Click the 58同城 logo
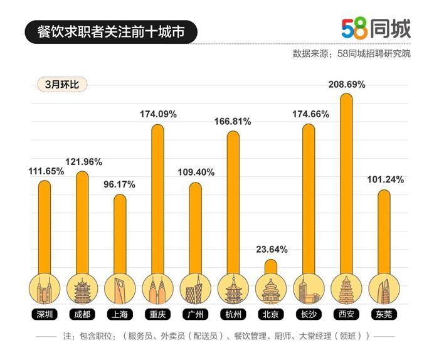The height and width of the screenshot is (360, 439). pos(376,28)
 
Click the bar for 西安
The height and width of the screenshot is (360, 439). pos(346,182)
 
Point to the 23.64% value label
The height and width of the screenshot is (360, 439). pos(272,249)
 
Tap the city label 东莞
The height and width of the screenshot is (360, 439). pos(383,314)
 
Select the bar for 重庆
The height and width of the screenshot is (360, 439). pos(157,198)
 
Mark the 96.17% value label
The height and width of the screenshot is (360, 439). pos(119,184)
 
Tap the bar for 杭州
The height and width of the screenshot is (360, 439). pos(233,201)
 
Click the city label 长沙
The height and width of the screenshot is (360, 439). pos(308,314)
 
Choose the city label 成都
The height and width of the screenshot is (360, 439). pos(82,314)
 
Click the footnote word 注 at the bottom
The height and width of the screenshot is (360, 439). pos(68,337)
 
